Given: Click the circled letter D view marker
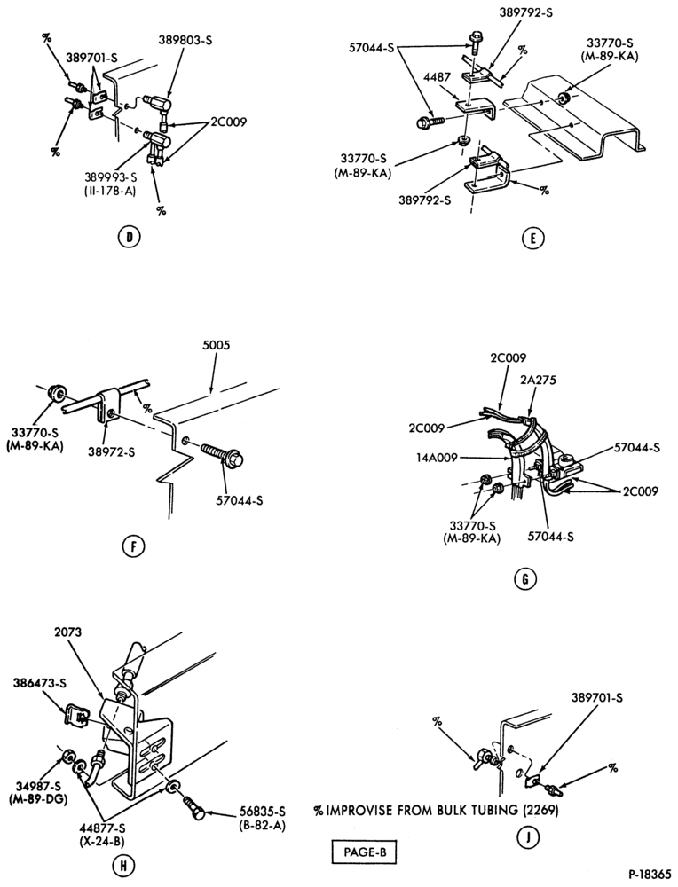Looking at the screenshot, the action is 129,237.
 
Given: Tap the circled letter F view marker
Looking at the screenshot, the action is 134,546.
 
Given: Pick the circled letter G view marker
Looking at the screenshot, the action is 525,580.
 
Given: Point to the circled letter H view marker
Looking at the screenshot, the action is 123,865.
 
